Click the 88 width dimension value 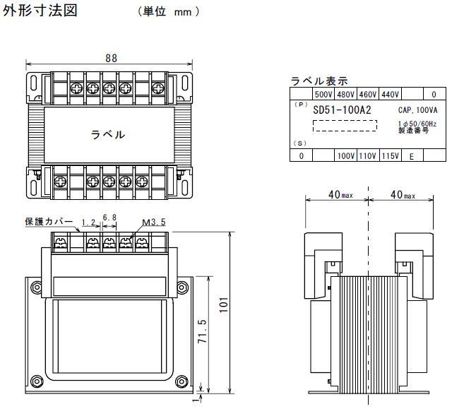[111, 59]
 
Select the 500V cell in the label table [323, 94]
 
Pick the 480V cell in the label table [346, 94]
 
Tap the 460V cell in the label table [368, 94]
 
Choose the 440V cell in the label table [390, 94]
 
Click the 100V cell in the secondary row [346, 155]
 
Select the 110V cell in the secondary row [368, 155]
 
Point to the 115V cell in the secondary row [390, 155]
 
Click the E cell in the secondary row [412, 156]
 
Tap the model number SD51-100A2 [342, 110]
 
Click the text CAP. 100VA [417, 110]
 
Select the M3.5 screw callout [153, 222]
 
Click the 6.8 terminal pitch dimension [110, 217]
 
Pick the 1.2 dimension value [88, 222]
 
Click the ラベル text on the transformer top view [108, 134]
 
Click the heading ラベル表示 [319, 81]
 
